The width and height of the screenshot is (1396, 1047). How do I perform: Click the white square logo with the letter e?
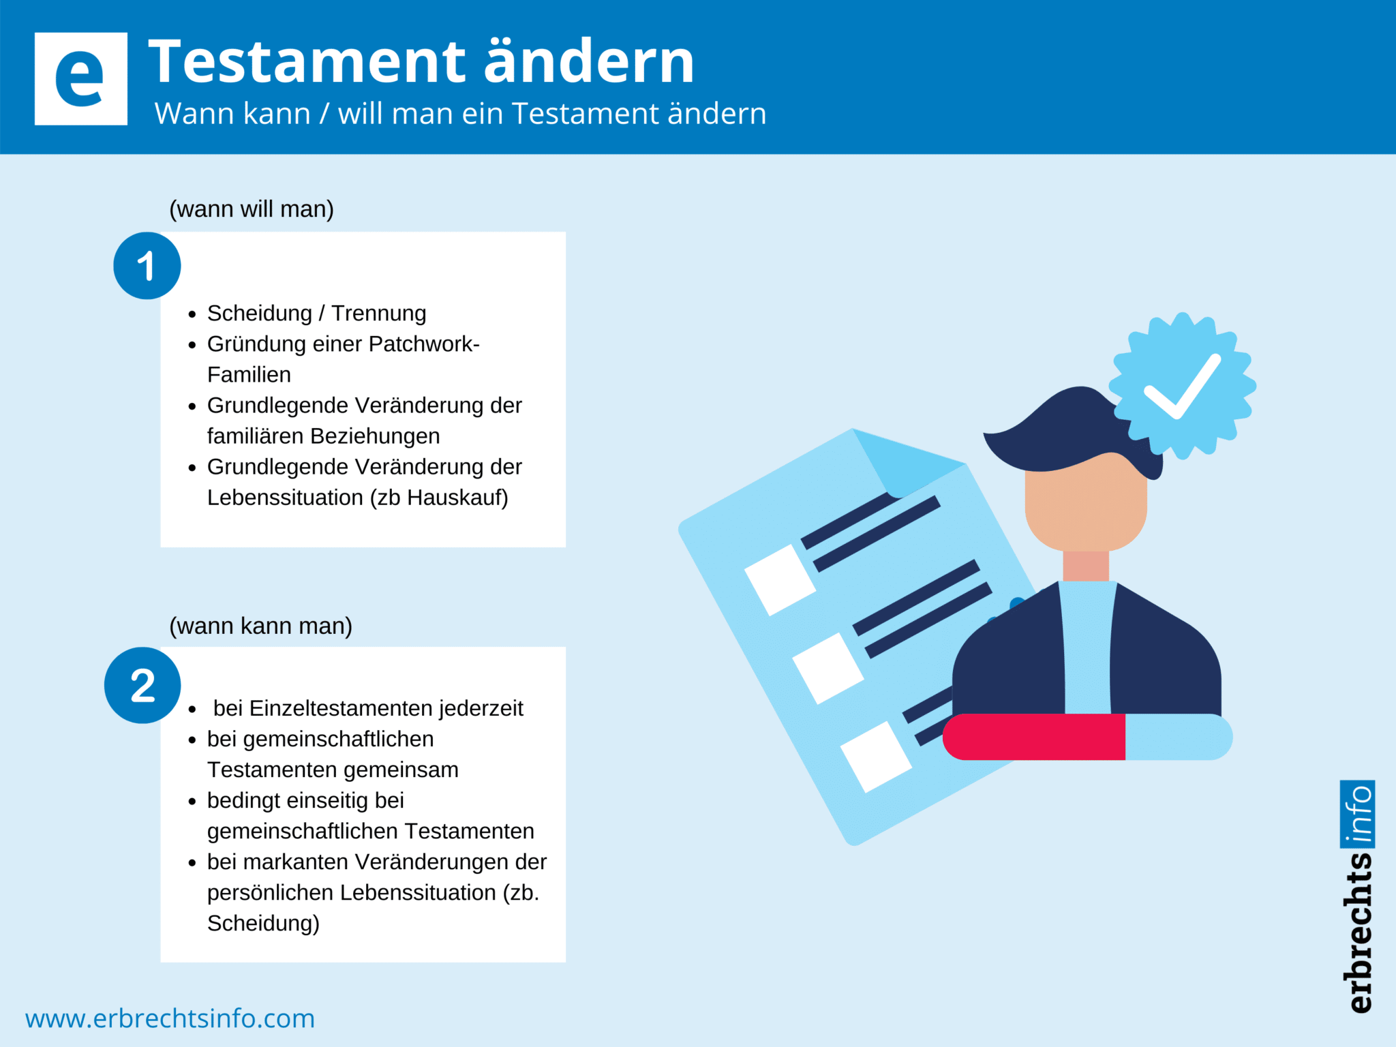tap(80, 79)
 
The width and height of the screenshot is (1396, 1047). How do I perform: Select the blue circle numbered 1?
tap(147, 266)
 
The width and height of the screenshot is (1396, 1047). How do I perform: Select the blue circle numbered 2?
tap(142, 685)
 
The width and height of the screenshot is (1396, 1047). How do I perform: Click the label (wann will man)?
tap(252, 209)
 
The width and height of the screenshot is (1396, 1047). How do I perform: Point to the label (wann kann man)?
tap(260, 626)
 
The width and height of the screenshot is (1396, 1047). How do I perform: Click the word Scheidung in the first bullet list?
tap(260, 314)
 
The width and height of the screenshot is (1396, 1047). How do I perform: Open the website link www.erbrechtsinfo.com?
tap(170, 1018)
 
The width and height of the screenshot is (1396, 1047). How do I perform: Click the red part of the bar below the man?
tap(1035, 737)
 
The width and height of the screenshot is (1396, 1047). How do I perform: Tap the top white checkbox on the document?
tap(779, 579)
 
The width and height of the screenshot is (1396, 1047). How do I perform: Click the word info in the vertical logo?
tap(1358, 814)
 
